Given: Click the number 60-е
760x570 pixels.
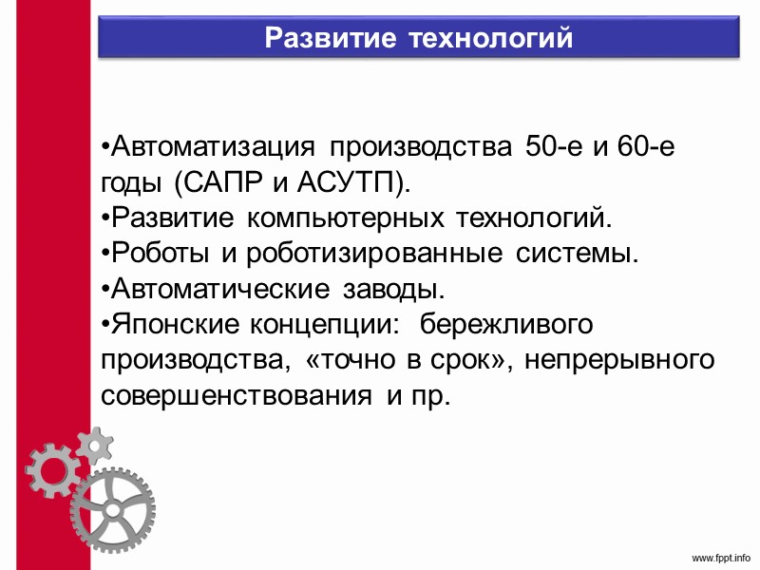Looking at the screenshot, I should [632, 147].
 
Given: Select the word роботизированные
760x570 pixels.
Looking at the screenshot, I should [375, 254].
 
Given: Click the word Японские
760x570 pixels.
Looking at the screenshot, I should [175, 324].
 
